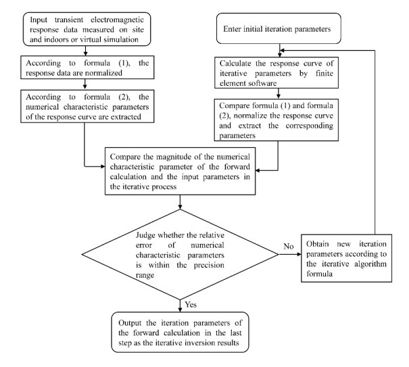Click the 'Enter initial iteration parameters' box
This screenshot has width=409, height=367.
coord(279,28)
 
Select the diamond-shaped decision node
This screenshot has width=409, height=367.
coord(180,254)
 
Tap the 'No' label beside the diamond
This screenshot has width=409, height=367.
coord(289,246)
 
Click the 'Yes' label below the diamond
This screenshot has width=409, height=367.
coord(191,304)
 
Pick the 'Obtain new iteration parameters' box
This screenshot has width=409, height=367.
coord(346,258)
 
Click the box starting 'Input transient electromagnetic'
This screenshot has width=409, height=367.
coord(87,29)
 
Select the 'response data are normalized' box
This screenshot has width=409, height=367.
coord(87,68)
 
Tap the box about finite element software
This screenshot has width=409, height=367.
coord(276,72)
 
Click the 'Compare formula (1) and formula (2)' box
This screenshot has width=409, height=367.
coord(276,120)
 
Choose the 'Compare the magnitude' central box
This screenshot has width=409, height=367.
coord(180,171)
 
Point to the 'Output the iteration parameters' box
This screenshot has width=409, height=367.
coord(180,333)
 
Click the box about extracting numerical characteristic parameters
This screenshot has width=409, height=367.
coord(87,106)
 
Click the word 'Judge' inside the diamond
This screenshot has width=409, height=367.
coord(145,235)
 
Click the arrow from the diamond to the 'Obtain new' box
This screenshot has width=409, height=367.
coord(290,254)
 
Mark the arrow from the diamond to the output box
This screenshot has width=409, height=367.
coord(180,305)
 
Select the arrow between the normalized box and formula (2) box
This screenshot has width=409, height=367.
coord(85,84)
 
